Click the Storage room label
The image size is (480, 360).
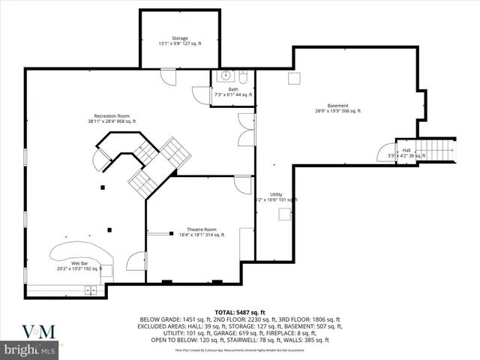click(x=179, y=41)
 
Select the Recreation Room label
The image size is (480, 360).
click(x=111, y=118)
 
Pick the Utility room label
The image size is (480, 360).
click(x=276, y=197)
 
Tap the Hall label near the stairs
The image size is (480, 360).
click(x=406, y=153)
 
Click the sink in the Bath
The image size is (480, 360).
click(x=224, y=76)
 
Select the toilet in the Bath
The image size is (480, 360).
click(x=243, y=77)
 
